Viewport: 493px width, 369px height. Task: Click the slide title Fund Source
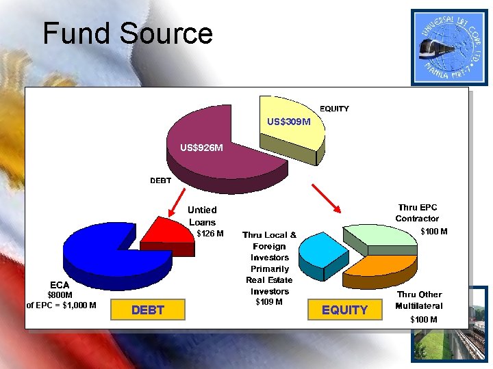point(127,33)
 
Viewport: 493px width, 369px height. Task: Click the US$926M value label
point(201,147)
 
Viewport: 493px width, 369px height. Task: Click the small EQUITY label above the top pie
point(334,109)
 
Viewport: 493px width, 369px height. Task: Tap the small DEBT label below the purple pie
point(161,180)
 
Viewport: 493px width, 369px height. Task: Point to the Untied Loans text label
point(202,216)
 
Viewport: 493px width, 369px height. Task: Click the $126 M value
point(210,234)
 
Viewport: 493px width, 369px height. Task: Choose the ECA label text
point(58,284)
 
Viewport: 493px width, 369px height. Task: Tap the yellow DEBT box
point(147,310)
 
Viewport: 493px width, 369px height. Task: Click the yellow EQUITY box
point(344,310)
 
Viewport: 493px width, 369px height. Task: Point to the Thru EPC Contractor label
point(417,213)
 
